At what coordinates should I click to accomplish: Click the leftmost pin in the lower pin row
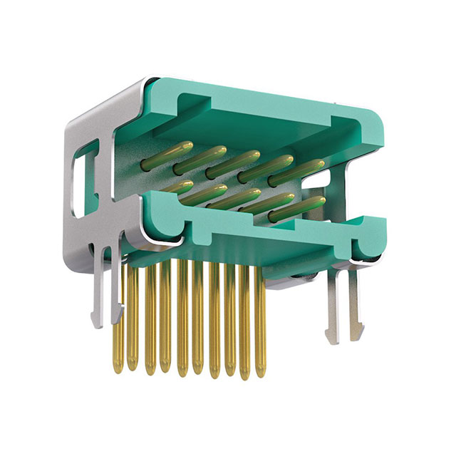[x=178, y=189]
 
